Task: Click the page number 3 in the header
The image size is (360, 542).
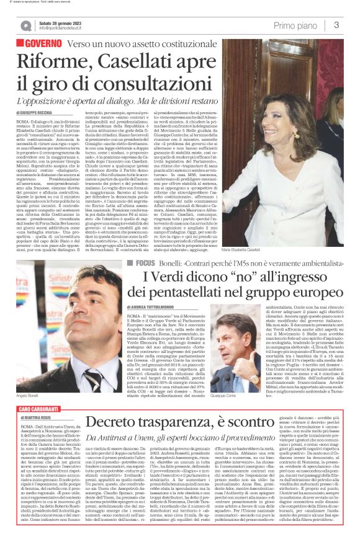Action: click(336, 25)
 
